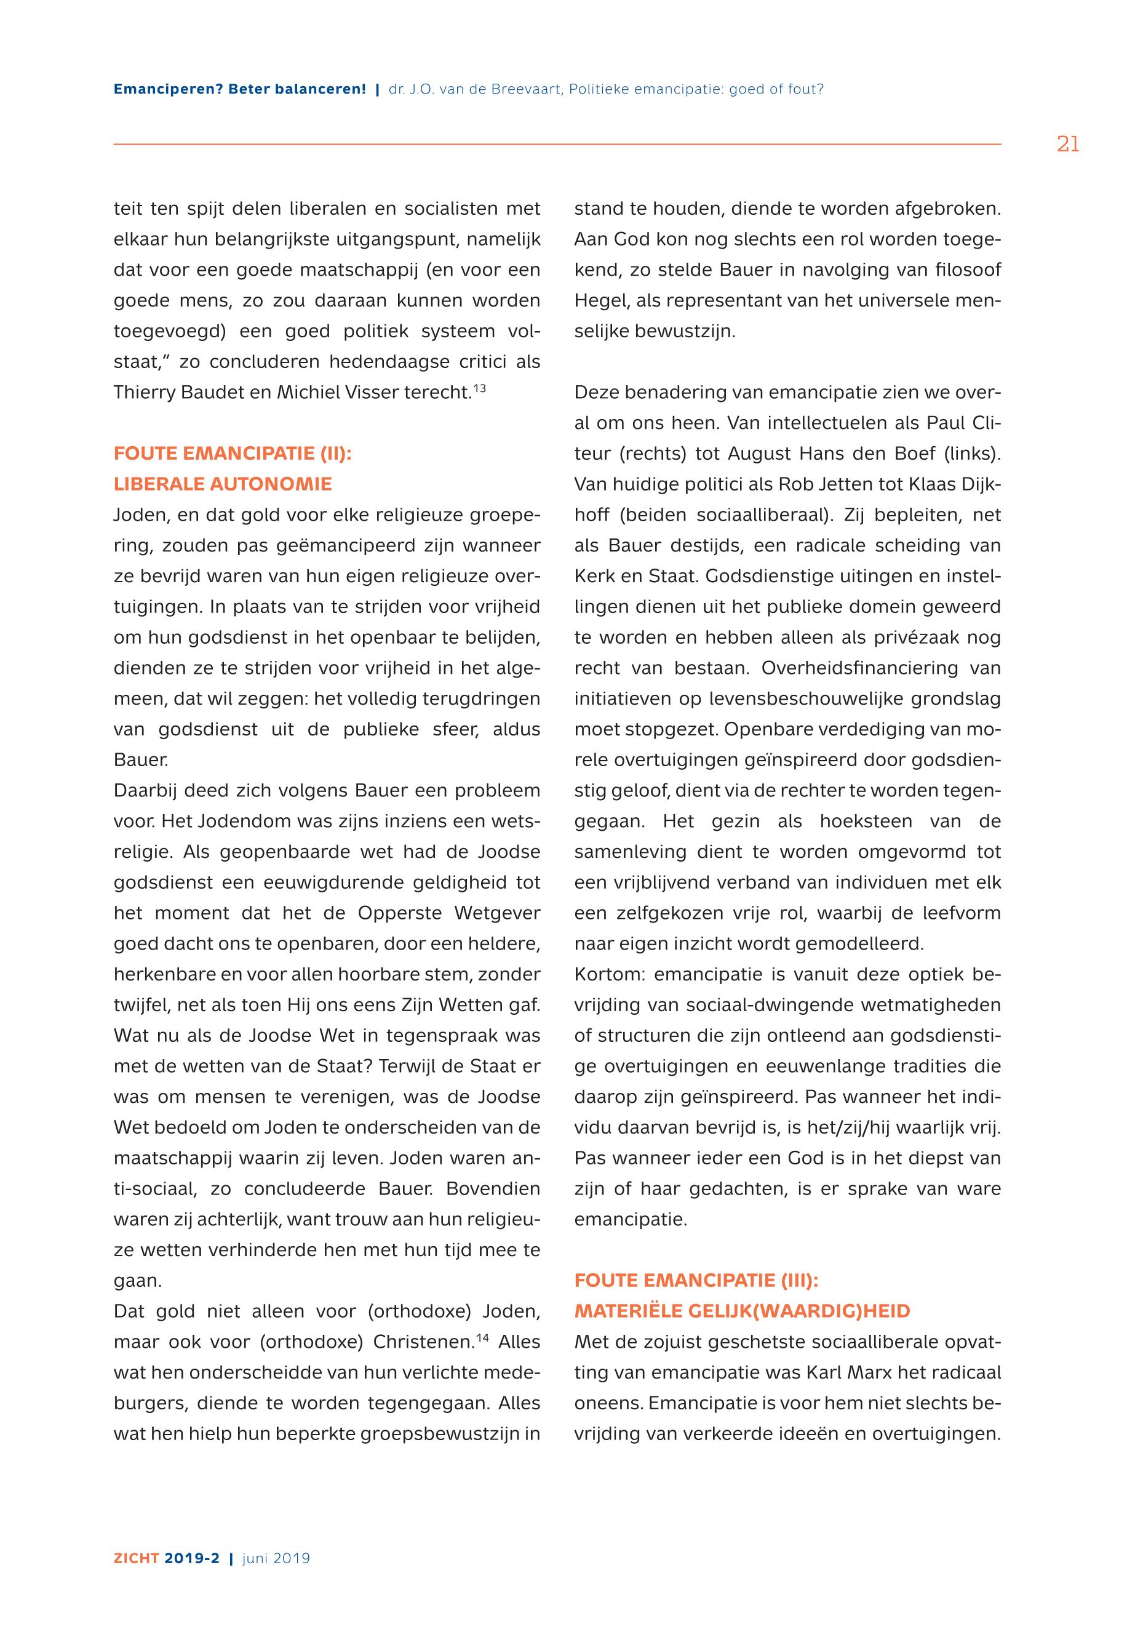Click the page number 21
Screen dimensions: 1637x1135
pyautogui.click(x=1067, y=145)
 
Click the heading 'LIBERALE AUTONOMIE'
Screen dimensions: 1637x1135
pyautogui.click(x=223, y=484)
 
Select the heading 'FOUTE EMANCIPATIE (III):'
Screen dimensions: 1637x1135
pyautogui.click(x=696, y=1281)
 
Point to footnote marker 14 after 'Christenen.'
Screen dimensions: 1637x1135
pyautogui.click(x=482, y=1338)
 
